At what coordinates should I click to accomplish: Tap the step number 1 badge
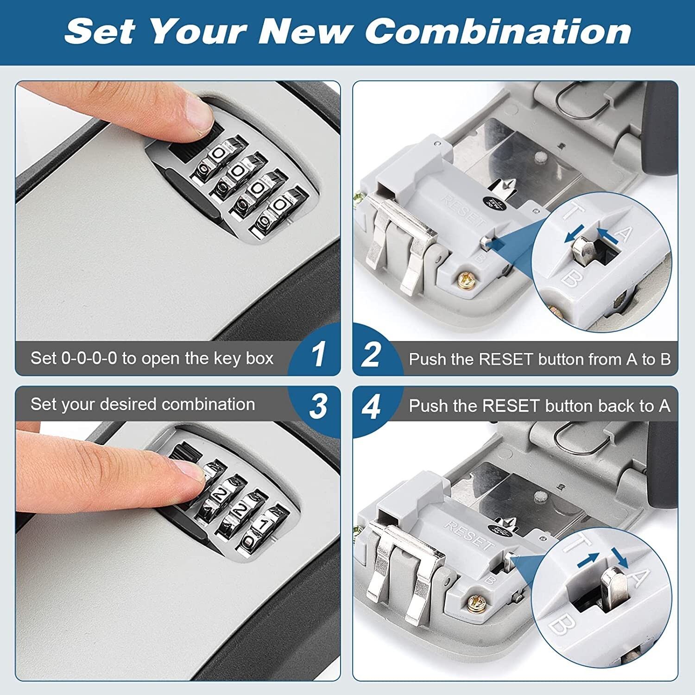point(318,354)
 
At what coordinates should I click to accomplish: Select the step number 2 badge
point(371,354)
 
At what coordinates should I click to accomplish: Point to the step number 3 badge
point(318,406)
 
